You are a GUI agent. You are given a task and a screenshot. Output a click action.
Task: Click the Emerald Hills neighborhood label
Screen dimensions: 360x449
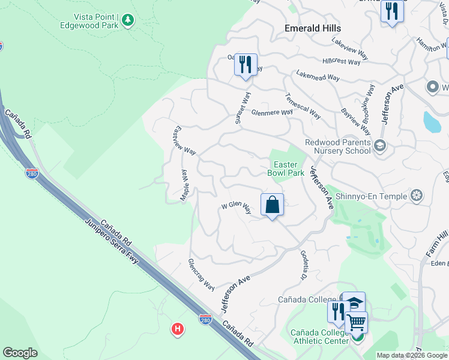pos(312,28)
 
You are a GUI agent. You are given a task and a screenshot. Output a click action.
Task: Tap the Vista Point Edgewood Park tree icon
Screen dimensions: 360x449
pos(127,21)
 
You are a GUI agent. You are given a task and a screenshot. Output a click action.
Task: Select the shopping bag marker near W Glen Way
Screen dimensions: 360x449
pos(272,205)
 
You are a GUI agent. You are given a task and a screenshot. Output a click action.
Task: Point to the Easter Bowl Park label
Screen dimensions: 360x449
pos(285,169)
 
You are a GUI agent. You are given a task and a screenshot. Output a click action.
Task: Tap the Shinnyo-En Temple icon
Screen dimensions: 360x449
pos(415,195)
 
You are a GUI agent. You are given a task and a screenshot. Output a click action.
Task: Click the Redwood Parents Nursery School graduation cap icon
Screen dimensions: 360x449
pos(379,145)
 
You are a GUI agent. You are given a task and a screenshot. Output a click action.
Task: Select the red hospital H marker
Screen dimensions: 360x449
pos(177,329)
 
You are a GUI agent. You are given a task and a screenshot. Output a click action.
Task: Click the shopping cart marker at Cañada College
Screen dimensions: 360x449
pos(357,323)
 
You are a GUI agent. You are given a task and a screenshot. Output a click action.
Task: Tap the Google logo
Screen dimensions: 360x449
pos(20,353)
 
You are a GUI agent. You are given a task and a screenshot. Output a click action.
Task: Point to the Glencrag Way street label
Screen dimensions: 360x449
pos(201,274)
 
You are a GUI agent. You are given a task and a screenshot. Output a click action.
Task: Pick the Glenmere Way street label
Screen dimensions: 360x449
pos(272,112)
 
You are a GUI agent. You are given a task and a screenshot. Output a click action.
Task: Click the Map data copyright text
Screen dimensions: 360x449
pos(411,355)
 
